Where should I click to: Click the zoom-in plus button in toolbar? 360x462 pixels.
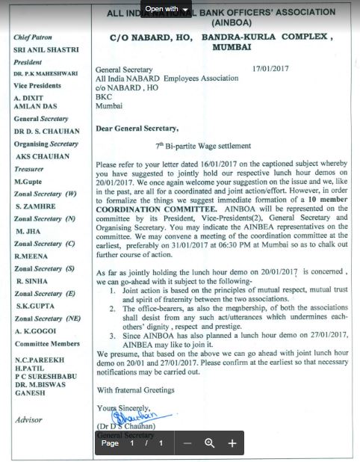(232, 443)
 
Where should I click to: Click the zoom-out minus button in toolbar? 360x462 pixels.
(187, 443)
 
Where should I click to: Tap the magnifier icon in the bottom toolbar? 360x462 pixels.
(210, 443)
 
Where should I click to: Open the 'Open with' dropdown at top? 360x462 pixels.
(168, 9)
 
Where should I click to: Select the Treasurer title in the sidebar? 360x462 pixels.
(30, 170)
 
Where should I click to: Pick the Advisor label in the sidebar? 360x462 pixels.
(28, 420)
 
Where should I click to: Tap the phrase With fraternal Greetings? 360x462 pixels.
(136, 389)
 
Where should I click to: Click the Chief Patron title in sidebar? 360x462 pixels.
(34, 37)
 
